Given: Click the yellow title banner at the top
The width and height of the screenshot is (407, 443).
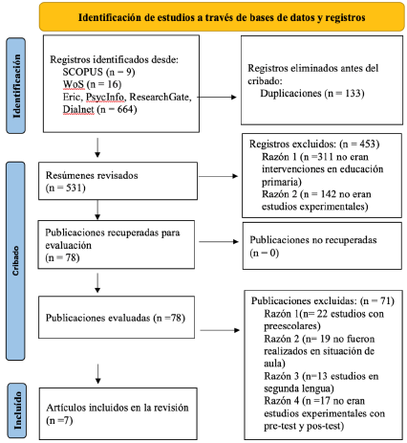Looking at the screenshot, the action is click(x=222, y=17).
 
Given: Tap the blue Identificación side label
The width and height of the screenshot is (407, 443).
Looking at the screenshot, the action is click(x=16, y=85).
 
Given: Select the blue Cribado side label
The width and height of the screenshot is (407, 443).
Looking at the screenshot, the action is click(x=15, y=260).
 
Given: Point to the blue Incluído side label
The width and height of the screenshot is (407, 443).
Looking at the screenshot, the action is click(x=16, y=410).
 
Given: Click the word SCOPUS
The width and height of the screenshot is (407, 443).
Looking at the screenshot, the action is click(x=83, y=72).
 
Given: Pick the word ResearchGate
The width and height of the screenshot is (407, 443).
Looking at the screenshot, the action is click(x=161, y=97).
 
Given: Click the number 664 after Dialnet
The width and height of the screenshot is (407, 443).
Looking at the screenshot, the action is click(x=125, y=109).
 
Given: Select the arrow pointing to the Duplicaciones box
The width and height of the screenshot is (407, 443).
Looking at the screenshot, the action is click(x=217, y=97).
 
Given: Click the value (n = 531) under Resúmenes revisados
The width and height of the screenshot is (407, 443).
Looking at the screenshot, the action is click(x=66, y=188).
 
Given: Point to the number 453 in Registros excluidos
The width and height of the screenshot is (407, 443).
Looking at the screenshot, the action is click(x=368, y=144).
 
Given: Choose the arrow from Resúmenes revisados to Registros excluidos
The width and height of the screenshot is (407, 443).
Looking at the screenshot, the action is click(x=218, y=176).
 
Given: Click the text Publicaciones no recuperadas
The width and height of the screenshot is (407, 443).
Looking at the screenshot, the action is click(x=313, y=240).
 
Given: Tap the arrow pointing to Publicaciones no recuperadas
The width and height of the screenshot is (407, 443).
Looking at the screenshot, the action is click(x=219, y=242).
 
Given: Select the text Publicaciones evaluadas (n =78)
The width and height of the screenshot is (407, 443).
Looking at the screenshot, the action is click(x=116, y=318).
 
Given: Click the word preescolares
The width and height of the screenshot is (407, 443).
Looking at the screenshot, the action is click(x=292, y=326).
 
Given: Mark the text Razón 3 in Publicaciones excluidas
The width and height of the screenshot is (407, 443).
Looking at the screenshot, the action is click(x=281, y=376).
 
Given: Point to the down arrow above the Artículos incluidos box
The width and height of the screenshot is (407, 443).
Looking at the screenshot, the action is click(x=97, y=374).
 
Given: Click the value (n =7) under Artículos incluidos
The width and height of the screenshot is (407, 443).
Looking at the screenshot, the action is click(x=59, y=420).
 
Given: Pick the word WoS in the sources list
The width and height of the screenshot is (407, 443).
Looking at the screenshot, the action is click(x=74, y=84).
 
